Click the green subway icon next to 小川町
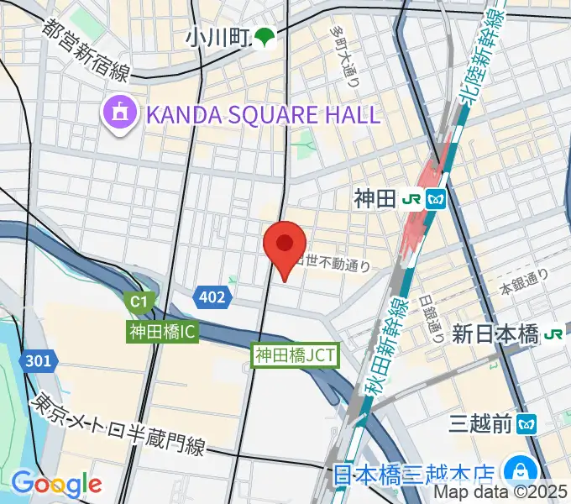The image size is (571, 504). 265,37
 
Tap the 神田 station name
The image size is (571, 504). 374,199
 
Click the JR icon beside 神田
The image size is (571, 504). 412,199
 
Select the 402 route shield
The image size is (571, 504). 212,296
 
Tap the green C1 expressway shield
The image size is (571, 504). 136,300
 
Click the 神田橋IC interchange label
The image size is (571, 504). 163,332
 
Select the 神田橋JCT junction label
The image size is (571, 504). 296,355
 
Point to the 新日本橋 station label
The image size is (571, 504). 495,334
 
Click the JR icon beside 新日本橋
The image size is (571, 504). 553,334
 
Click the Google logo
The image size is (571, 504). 56,484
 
